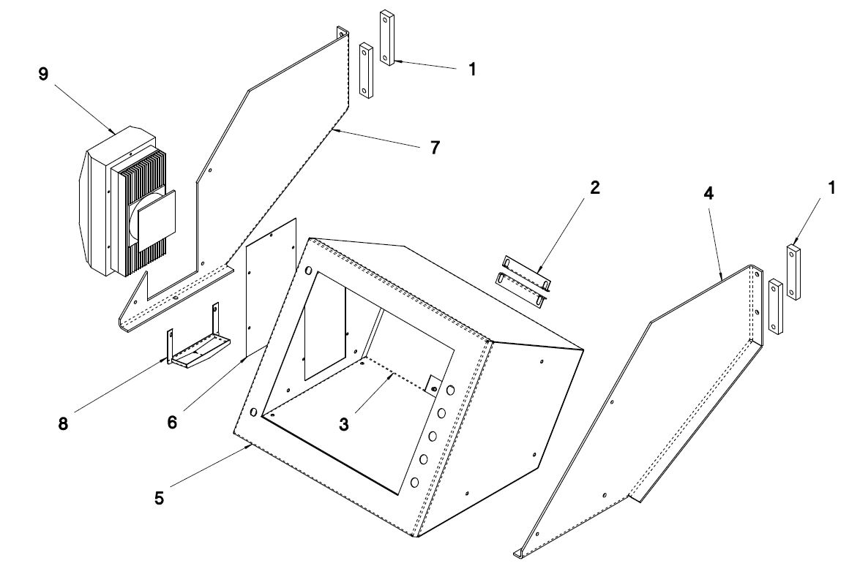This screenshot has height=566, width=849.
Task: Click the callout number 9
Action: click(44, 74)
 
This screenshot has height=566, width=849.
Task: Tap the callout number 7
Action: click(435, 147)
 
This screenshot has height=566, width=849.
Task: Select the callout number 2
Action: click(594, 188)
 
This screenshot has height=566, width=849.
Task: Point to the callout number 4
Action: click(708, 193)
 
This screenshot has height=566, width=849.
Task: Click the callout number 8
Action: click(64, 423)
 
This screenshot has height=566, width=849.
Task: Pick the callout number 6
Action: click(172, 422)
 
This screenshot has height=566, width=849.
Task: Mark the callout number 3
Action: click(345, 425)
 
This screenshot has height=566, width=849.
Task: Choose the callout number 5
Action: click(159, 498)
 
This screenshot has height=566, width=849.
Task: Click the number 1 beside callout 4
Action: click(831, 188)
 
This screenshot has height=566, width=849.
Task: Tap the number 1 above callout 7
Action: click(472, 69)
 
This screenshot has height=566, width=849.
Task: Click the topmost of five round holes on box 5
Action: click(451, 390)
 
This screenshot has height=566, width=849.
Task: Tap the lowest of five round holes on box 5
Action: click(415, 482)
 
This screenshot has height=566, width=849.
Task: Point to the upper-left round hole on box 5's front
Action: click(309, 270)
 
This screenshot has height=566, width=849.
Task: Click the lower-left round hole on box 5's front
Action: click(254, 412)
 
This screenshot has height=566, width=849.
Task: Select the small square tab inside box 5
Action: click(435, 383)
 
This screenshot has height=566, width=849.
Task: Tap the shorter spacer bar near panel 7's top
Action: click(367, 71)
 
